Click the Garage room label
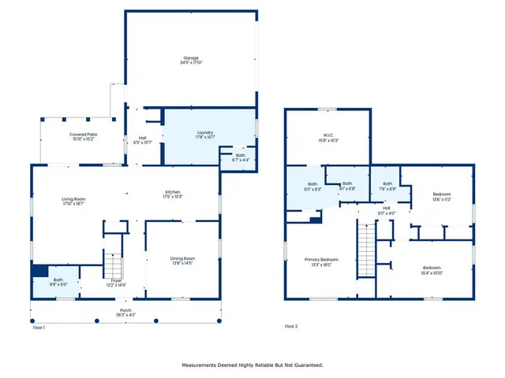click(192, 61)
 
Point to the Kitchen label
click(174, 195)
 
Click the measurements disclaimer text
click(252, 365)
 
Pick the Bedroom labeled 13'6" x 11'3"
click(442, 197)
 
